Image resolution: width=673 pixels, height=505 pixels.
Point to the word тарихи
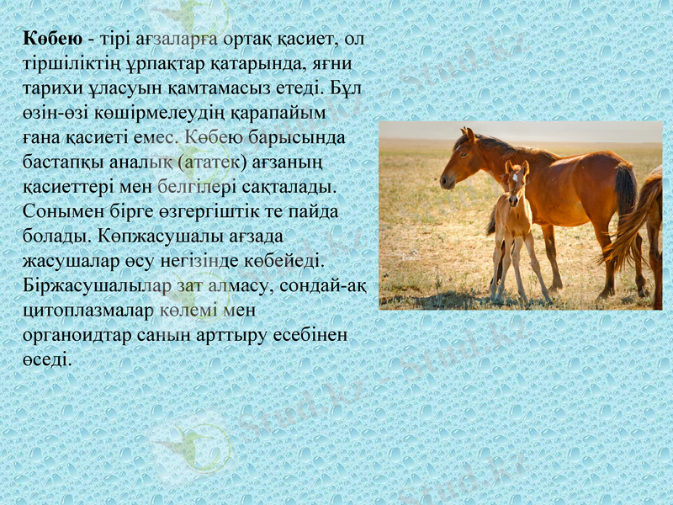49,88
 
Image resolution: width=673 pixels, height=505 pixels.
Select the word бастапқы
61,160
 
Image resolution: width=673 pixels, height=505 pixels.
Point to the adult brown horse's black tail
625,189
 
